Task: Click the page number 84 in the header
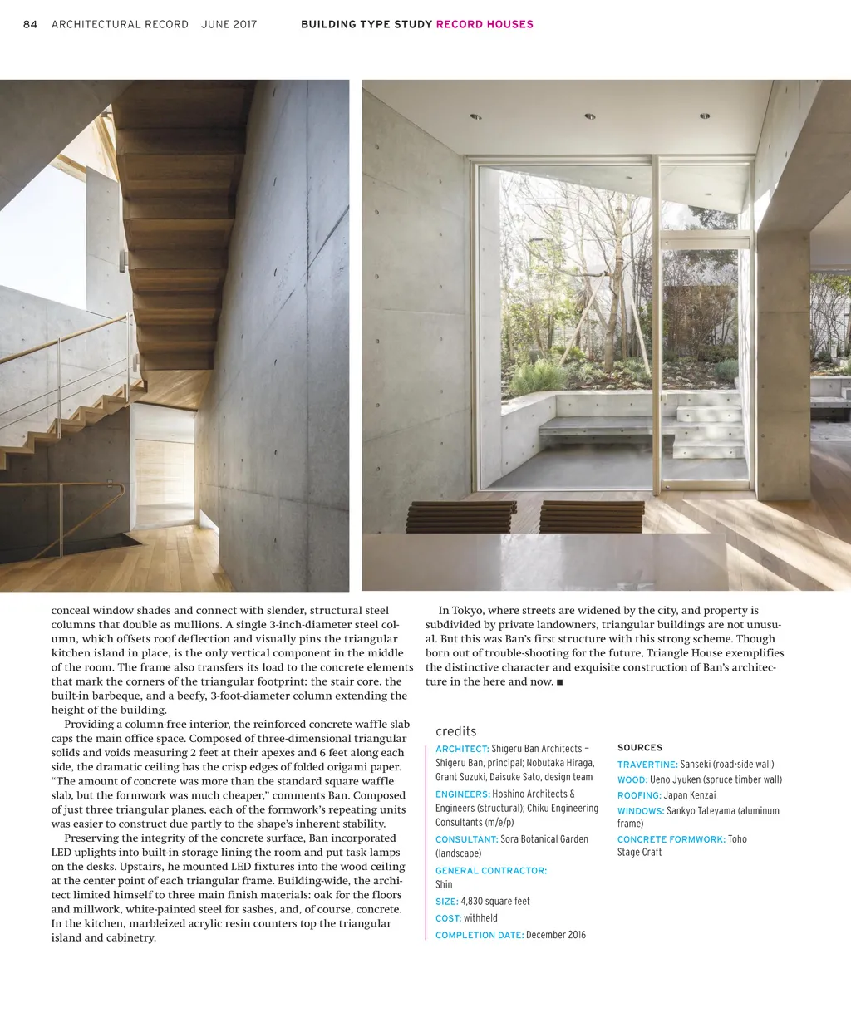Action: (31, 24)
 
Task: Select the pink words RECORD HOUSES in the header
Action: (485, 24)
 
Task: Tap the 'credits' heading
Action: (456, 731)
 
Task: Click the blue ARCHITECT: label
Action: (462, 749)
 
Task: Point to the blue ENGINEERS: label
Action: (462, 794)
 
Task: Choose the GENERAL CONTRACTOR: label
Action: (491, 871)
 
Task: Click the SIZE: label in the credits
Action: (446, 902)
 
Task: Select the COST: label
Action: (448, 918)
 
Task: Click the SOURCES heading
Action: (640, 748)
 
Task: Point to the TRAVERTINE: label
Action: (647, 765)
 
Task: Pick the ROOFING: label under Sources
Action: (639, 796)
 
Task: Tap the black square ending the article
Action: (560, 682)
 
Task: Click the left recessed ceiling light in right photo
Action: (475, 117)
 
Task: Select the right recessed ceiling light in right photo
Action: (704, 116)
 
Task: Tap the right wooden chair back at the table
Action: (592, 516)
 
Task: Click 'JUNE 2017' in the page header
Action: (229, 24)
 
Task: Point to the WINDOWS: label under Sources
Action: (641, 811)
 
